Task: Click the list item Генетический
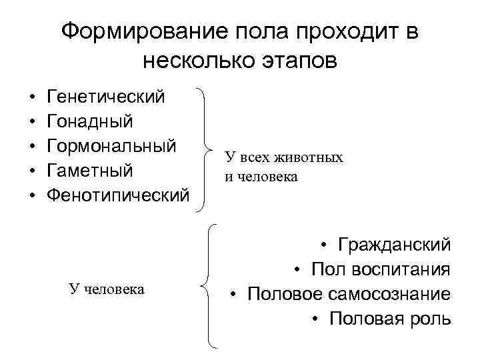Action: coord(106,97)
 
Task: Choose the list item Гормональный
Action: coord(111,146)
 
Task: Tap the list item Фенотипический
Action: coord(118,195)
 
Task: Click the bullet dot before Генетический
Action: coord(33,98)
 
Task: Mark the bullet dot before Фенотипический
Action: coord(33,195)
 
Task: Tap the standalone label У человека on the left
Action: coord(107,289)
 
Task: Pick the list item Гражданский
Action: coord(394,245)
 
